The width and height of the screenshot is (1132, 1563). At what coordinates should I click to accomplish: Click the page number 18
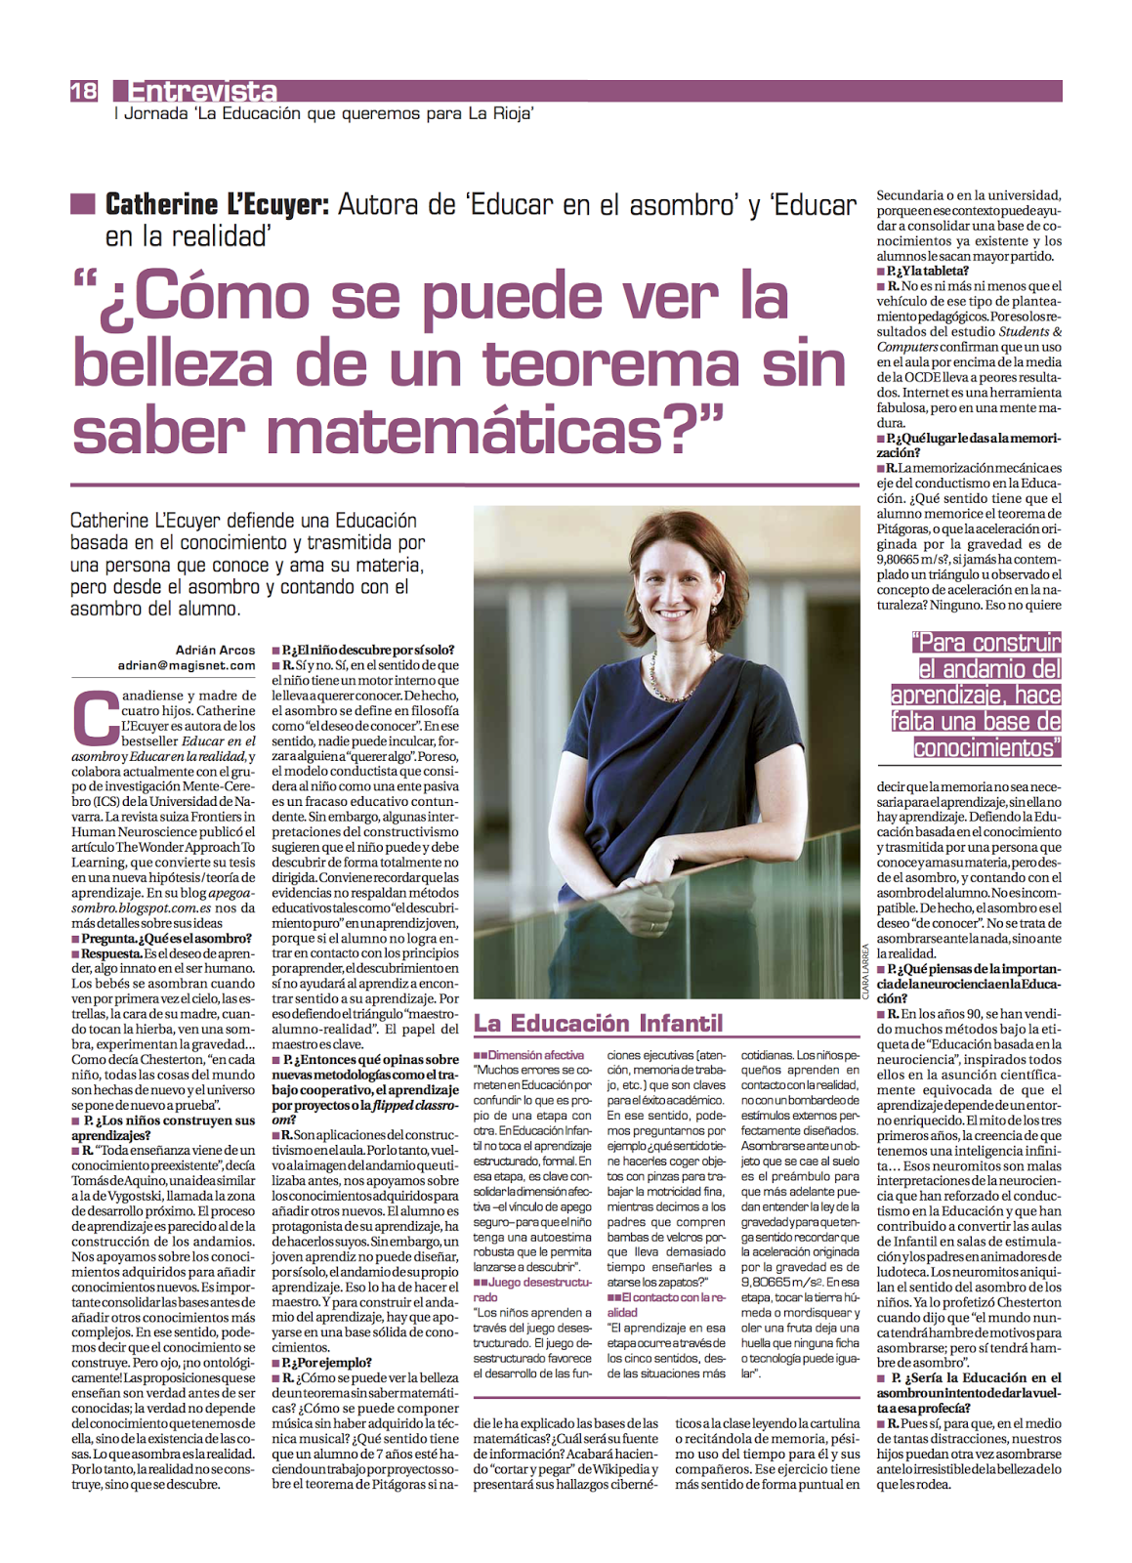point(84,91)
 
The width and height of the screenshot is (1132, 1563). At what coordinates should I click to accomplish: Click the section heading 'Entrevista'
point(202,92)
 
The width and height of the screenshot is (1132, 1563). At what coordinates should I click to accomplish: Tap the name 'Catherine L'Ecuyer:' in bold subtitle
point(216,204)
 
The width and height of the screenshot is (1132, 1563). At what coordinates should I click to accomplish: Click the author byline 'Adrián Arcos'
point(215,650)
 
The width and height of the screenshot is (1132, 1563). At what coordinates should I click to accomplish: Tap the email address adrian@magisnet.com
point(187,665)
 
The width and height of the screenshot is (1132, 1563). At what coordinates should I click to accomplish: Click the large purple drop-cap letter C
point(95,719)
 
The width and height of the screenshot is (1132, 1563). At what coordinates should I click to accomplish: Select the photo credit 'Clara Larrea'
point(865,970)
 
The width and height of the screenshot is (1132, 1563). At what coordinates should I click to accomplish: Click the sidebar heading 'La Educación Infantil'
point(598,1024)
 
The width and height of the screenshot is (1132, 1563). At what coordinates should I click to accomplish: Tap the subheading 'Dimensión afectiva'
point(535,1055)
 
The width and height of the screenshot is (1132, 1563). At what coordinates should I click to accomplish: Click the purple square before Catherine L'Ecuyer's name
point(83,204)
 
